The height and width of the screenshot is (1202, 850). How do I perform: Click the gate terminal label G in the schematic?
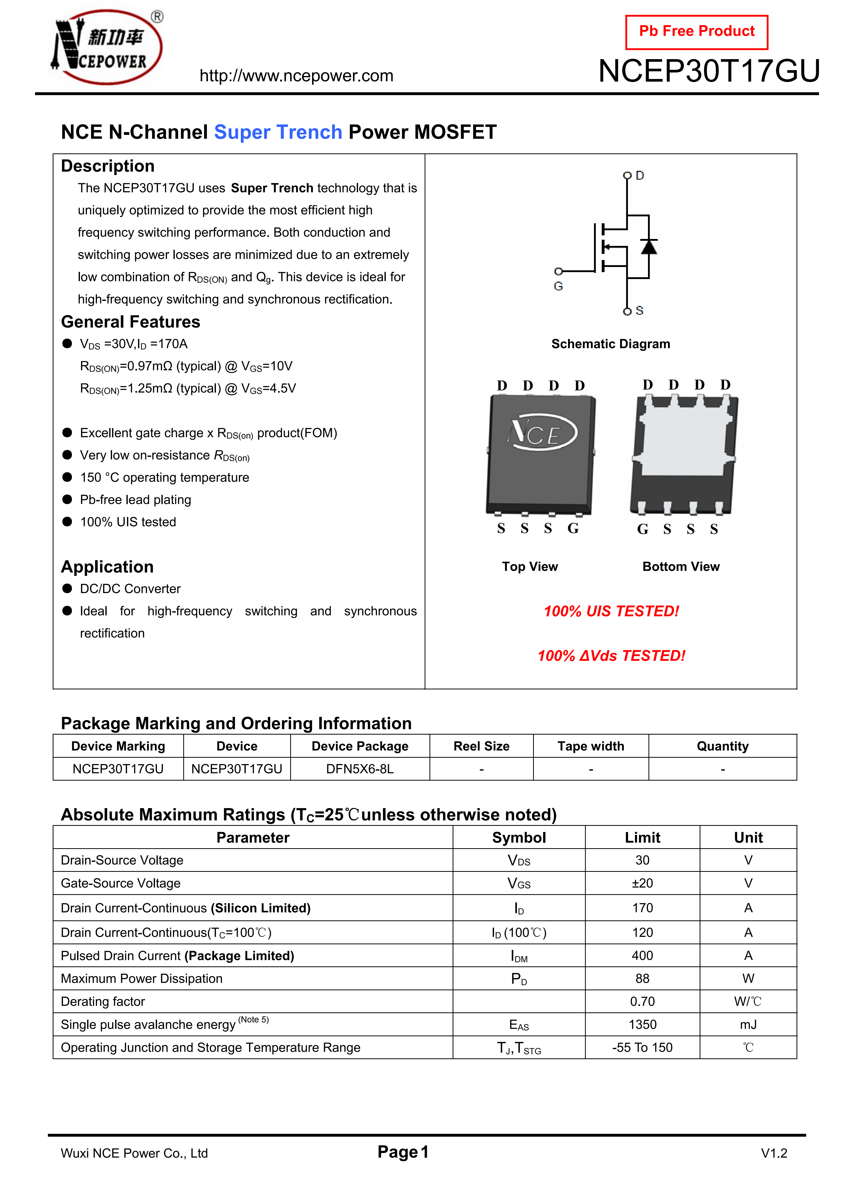[x=558, y=286]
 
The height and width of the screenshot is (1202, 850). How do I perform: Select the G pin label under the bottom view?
[x=643, y=529]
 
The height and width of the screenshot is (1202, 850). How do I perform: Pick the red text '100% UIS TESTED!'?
[x=611, y=612]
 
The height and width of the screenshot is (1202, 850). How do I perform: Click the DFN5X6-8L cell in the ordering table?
[x=360, y=769]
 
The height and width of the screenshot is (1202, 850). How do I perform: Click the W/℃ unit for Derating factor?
[x=748, y=1002]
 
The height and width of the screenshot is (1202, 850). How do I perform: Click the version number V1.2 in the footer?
[x=774, y=1153]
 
